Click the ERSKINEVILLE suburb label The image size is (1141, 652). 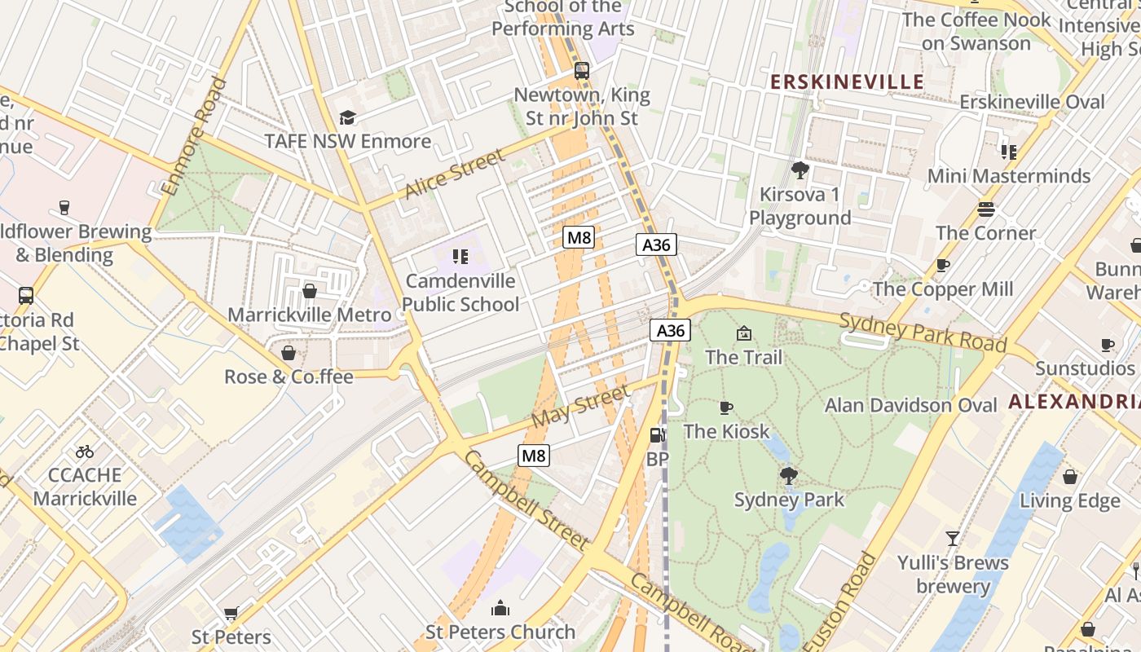click(x=847, y=81)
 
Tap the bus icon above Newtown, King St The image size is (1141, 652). click(x=582, y=70)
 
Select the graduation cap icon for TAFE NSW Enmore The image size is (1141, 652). click(x=347, y=117)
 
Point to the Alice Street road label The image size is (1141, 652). click(x=454, y=174)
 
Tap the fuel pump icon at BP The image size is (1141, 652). click(x=658, y=435)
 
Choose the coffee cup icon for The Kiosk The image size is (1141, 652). click(x=726, y=407)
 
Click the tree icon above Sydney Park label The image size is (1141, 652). click(x=788, y=475)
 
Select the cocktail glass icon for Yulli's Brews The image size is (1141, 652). click(x=952, y=538)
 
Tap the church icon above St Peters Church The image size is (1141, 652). click(x=500, y=608)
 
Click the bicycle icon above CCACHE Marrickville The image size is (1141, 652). click(x=85, y=451)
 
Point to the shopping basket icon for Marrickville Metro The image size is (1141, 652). click(x=310, y=290)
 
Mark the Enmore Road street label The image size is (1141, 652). click(x=193, y=136)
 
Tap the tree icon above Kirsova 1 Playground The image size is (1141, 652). click(x=800, y=170)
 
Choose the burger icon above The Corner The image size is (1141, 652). click(x=986, y=209)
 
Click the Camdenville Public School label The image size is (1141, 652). click(x=460, y=293)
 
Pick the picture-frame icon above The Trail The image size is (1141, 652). click(x=743, y=333)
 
